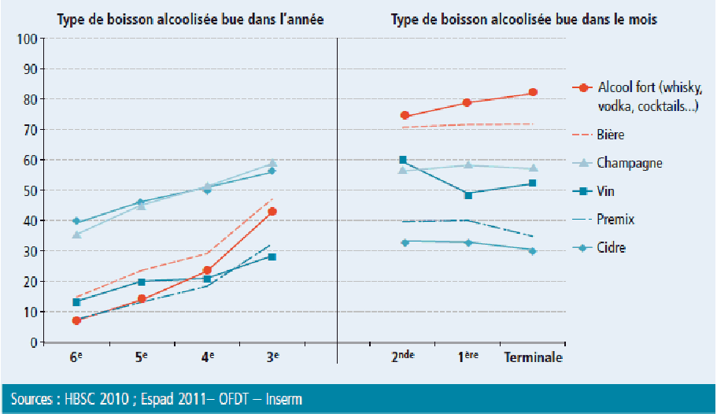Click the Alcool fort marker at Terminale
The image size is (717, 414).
533,92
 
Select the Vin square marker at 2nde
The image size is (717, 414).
403,160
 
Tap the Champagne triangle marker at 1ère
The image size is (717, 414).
468,164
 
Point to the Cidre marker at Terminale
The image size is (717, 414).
533,251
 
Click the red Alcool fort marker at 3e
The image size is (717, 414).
272,212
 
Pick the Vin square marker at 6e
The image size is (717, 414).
76,302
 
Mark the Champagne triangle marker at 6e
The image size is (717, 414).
76,235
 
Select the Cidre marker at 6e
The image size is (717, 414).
76,221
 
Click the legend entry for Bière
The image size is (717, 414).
611,135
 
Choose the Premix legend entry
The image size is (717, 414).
615,220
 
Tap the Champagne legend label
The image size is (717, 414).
630,163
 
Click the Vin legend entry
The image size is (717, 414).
606,191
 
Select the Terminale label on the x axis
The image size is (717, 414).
533,357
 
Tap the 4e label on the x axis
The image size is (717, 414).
208,357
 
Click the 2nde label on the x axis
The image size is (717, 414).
403,357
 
